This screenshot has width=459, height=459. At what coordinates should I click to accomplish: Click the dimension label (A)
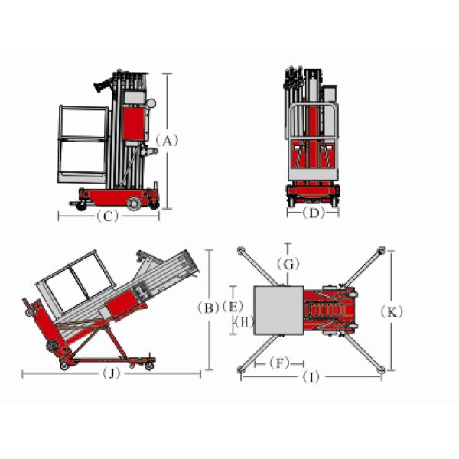coord(167,141)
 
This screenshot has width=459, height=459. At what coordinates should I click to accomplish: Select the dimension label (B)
coord(208,308)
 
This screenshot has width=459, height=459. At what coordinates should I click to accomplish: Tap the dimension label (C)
coord(108,216)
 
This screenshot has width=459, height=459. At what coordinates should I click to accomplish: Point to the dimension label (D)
coord(314,213)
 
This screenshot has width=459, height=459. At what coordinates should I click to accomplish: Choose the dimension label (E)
coord(233,307)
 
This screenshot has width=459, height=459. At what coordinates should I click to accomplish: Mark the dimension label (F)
coord(279,363)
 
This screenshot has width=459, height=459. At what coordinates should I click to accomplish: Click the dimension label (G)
coord(288,265)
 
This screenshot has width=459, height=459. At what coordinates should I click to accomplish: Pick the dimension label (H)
coord(244,323)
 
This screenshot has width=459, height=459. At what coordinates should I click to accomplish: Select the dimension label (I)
coord(311,377)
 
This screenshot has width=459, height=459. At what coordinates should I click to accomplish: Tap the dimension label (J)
coord(112,373)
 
